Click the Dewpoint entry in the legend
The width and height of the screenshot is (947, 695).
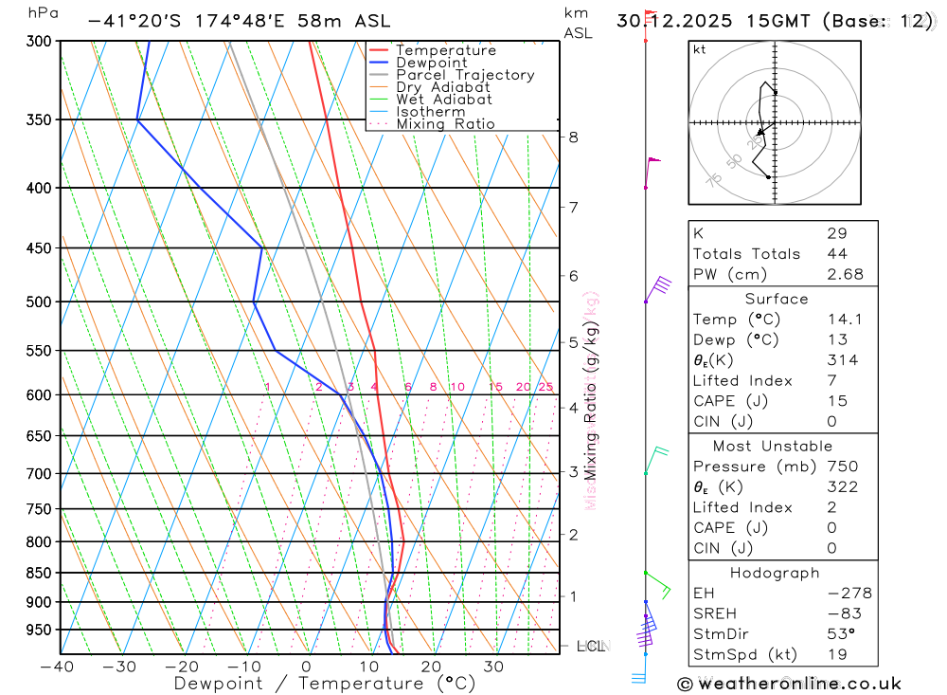click(431, 63)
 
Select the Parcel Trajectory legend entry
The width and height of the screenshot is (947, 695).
click(465, 75)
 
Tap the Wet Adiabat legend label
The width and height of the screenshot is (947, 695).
click(444, 100)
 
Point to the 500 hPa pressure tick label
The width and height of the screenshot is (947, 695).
click(38, 302)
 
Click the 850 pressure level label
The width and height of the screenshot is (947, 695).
click(38, 573)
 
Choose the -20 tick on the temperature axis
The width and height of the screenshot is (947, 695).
click(182, 667)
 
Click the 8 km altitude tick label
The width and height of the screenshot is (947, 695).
click(573, 137)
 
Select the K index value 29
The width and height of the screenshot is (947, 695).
click(836, 233)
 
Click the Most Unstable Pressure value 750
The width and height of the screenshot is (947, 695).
click(842, 466)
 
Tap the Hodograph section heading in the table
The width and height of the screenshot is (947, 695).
click(775, 573)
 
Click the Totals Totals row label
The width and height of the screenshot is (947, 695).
click(746, 254)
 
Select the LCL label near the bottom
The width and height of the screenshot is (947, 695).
click(591, 647)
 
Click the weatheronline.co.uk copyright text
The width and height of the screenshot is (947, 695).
click(789, 684)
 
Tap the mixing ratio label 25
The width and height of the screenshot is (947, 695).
click(545, 387)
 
